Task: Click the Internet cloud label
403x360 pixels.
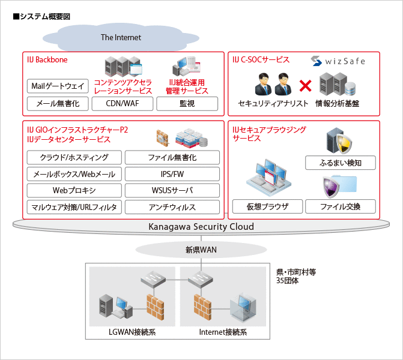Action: [121, 37]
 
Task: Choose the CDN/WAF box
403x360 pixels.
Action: [123, 104]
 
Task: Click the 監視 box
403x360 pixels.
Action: [187, 104]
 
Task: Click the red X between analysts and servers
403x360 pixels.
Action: [305, 86]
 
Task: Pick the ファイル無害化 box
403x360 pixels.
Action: [172, 158]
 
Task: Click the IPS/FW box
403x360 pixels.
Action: [172, 174]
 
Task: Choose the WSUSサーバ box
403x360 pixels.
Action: [172, 191]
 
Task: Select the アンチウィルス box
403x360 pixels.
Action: [172, 207]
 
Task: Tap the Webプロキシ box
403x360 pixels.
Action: [74, 191]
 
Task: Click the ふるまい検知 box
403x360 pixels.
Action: [341, 163]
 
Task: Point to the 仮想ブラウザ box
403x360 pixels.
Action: [268, 207]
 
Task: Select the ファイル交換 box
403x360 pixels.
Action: [341, 207]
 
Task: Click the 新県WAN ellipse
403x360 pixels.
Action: [201, 249]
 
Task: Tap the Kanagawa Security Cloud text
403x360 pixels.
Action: [201, 226]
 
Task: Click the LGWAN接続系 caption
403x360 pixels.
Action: [133, 332]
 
